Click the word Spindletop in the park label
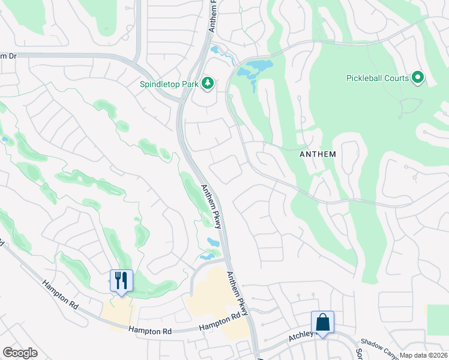pyautogui.click(x=160, y=84)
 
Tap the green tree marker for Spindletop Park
pyautogui.click(x=208, y=83)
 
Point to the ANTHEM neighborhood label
pyautogui.click(x=318, y=154)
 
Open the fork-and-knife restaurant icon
pyautogui.click(x=121, y=280)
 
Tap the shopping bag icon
pyautogui.click(x=322, y=322)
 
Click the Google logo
pyautogui.click(x=20, y=353)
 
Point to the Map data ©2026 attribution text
pyautogui.click(x=423, y=355)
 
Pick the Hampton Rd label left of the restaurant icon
pyautogui.click(x=61, y=295)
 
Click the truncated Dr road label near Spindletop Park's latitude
pyautogui.click(x=8, y=56)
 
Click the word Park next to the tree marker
pyautogui.click(x=190, y=84)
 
